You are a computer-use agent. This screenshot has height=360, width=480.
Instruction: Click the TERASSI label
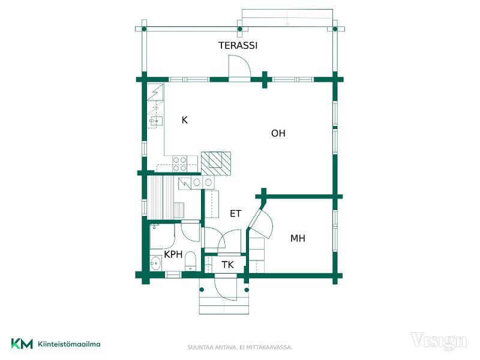point(238,46)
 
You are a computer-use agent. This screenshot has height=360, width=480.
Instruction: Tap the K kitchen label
point(185,120)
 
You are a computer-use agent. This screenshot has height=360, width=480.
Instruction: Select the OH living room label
point(278,133)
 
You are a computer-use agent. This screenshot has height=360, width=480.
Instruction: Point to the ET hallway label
point(236,214)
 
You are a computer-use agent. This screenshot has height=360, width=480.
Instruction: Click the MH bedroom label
point(298,238)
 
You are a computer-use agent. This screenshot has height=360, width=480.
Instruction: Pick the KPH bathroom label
point(173,254)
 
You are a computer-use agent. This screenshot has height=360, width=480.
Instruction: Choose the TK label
point(227,265)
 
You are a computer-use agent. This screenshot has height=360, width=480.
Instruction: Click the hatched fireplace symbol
point(216,163)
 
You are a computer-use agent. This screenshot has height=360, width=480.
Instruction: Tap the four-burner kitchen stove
point(179,163)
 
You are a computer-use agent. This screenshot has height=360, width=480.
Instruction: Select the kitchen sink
point(156,121)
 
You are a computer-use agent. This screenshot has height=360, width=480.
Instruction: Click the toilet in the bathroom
point(190,261)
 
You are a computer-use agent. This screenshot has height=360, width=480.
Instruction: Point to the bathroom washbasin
point(155,263)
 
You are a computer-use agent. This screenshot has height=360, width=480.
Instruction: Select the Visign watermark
point(439,341)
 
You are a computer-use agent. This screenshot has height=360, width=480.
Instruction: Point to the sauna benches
point(160,197)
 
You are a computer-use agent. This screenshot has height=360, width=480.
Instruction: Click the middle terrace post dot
point(240,29)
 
